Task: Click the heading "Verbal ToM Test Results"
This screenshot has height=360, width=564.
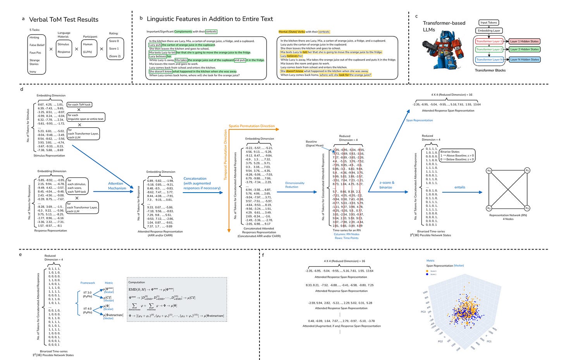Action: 64,19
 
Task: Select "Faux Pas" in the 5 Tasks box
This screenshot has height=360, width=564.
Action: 35,53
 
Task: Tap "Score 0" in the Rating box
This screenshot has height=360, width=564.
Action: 114,41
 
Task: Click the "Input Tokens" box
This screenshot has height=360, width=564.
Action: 488,22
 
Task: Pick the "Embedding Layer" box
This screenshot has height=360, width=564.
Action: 488,31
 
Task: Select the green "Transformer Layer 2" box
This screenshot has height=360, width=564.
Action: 489,49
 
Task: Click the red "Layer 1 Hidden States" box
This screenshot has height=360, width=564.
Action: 524,41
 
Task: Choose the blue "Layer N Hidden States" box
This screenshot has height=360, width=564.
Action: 524,59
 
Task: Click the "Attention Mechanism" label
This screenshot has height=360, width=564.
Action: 117,186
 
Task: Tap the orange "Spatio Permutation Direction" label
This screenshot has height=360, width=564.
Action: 251,126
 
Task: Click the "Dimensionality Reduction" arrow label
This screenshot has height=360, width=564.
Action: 295,185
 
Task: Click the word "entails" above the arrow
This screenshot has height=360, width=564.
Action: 460,187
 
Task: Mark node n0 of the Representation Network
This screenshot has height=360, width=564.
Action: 489,171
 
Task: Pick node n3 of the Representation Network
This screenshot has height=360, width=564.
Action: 527,208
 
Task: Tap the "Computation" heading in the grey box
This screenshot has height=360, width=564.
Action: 136,282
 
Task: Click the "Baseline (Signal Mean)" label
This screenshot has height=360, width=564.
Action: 314,143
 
